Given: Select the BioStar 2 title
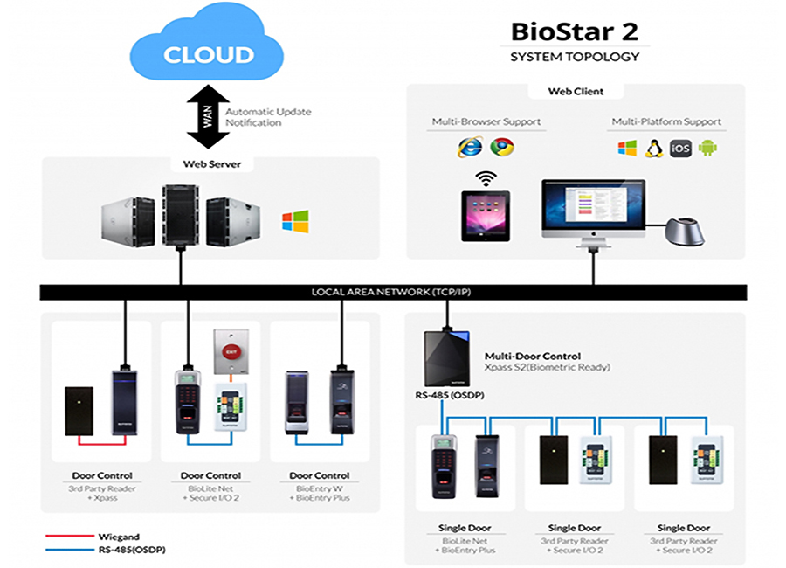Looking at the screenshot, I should pyautogui.click(x=574, y=32).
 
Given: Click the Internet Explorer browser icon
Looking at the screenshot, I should pyautogui.click(x=469, y=148).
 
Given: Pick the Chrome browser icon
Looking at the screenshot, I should pyautogui.click(x=502, y=148).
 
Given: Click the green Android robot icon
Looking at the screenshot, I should pyautogui.click(x=707, y=148).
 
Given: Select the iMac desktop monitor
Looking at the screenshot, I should pyautogui.click(x=593, y=210).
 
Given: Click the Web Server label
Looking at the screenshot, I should pyautogui.click(x=206, y=164).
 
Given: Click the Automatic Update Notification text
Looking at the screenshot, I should pyautogui.click(x=268, y=117).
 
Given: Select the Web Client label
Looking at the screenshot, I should pyautogui.click(x=576, y=91).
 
